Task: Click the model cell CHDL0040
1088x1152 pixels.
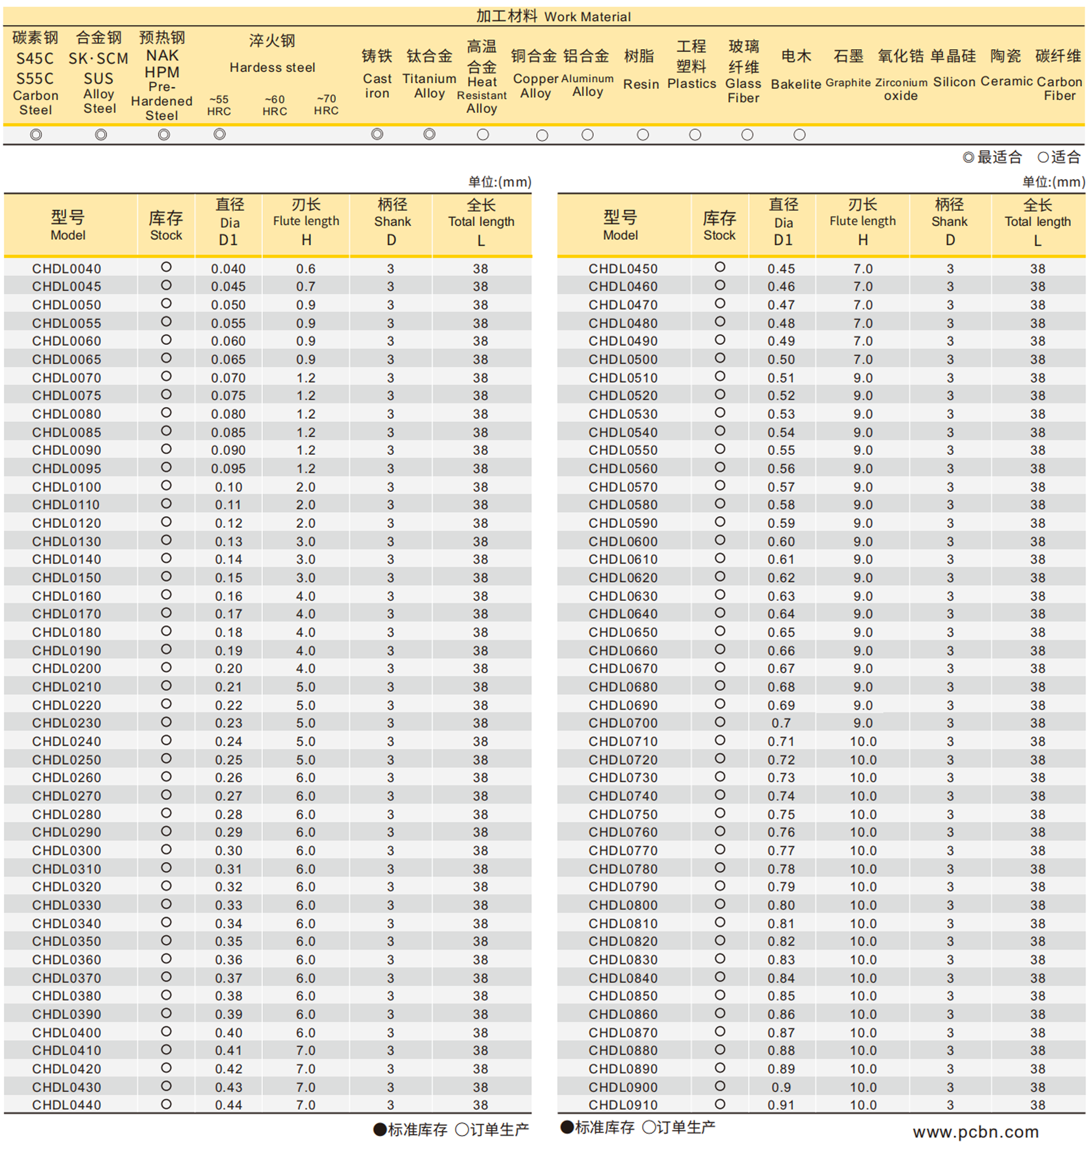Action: point(67,269)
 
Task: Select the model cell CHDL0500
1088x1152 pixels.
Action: point(623,360)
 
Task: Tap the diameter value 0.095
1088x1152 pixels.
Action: point(228,468)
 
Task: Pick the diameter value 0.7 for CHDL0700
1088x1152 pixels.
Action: point(781,723)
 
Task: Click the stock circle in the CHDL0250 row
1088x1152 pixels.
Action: point(166,759)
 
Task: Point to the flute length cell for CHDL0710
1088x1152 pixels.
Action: point(862,741)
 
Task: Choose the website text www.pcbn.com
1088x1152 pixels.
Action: point(975,1131)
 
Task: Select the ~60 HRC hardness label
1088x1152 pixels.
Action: point(274,105)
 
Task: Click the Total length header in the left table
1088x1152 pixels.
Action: point(481,223)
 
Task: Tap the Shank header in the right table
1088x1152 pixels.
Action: point(949,223)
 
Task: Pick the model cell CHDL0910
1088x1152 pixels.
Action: point(623,1105)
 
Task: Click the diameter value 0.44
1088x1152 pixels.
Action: point(228,1105)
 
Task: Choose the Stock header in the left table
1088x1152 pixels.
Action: point(166,225)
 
